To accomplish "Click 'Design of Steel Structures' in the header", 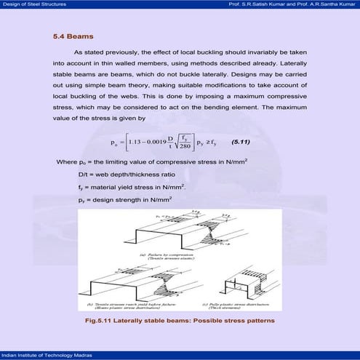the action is [x=33, y=4].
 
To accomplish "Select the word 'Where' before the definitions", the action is [x=66, y=161].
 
